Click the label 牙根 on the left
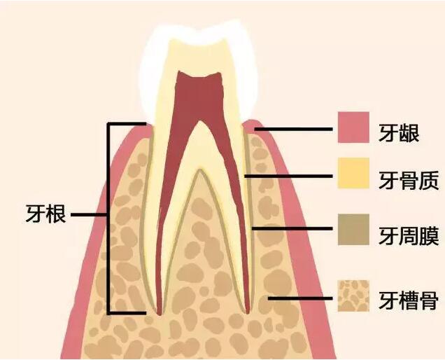click(45, 214)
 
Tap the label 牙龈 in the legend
click(399, 133)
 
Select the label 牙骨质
click(409, 181)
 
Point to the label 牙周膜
click(409, 236)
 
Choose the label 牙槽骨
click(409, 300)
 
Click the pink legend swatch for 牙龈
click(353, 127)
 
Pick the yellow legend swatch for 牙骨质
click(353, 173)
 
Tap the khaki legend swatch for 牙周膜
click(353, 230)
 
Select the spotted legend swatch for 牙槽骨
click(353, 296)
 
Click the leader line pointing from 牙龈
click(293, 129)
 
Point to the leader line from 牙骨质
click(288, 176)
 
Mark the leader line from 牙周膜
click(292, 228)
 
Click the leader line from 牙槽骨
click(300, 298)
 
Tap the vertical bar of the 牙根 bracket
click(108, 219)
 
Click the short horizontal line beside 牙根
click(89, 214)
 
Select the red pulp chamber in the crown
click(199, 97)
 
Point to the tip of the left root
click(160, 314)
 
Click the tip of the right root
click(248, 313)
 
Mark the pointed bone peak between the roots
click(200, 170)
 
